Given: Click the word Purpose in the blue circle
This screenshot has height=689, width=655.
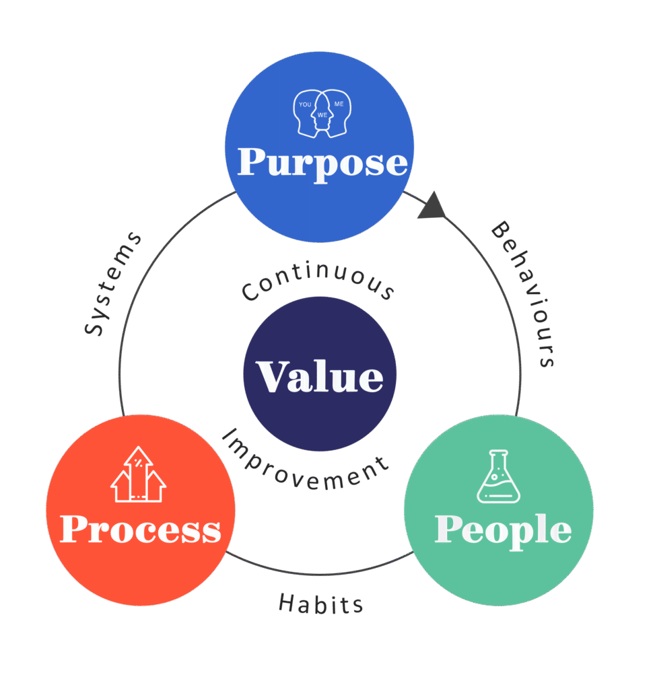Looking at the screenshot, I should [x=322, y=162].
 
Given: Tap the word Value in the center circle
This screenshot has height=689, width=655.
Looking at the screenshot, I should [x=319, y=377].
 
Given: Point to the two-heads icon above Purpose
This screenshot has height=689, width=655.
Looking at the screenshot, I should [x=322, y=113].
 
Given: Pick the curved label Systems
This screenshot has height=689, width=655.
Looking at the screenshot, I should [x=114, y=283].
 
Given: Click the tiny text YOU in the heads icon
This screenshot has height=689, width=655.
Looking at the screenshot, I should [x=305, y=105].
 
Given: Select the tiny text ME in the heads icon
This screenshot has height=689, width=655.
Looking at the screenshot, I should [x=339, y=105].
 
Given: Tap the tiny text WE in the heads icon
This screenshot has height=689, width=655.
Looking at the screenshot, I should [x=322, y=115].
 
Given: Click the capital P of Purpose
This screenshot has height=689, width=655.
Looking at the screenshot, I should [x=252, y=162].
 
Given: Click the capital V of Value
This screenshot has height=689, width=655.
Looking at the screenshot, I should [x=271, y=377].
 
